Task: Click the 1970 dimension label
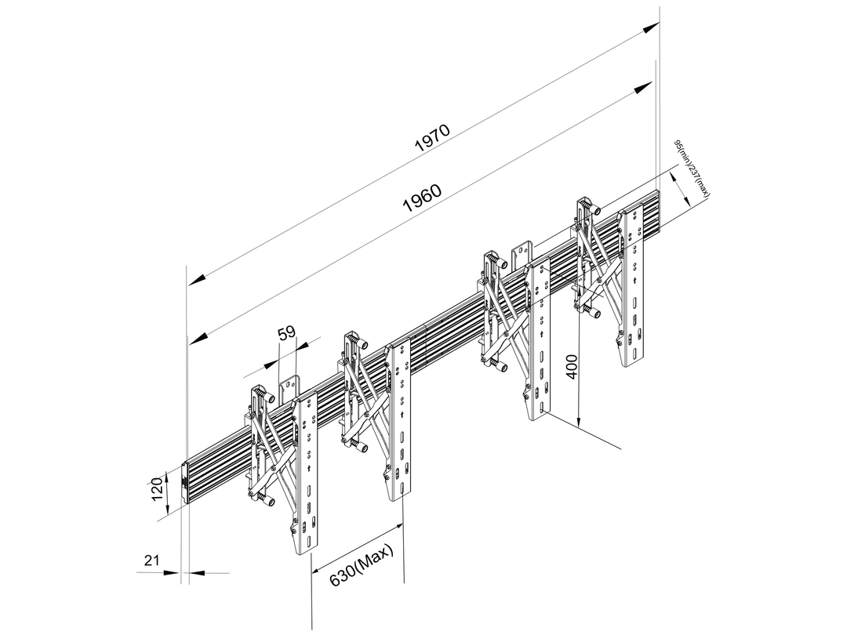(x=432, y=139)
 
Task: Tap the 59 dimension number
(x=287, y=333)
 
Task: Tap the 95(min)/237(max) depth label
(x=693, y=169)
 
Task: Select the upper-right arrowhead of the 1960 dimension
(x=644, y=89)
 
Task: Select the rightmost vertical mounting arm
(x=634, y=286)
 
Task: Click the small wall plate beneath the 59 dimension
(x=289, y=389)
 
